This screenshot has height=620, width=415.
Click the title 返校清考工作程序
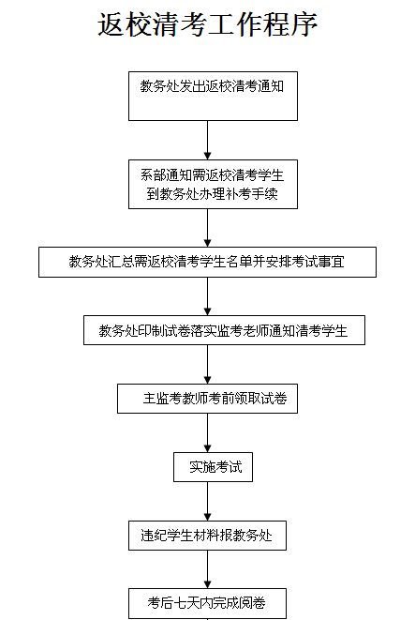[207, 24]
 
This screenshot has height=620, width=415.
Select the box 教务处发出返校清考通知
[213, 96]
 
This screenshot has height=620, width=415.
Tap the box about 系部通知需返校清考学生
[213, 184]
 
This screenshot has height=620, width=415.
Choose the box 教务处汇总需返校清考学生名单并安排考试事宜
[207, 262]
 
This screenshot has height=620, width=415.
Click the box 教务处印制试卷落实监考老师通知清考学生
[224, 330]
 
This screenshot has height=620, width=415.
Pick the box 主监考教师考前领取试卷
[207, 399]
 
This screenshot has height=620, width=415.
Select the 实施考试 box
[213, 467]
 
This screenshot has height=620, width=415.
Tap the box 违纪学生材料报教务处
[207, 536]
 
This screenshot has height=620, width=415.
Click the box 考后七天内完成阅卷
[207, 604]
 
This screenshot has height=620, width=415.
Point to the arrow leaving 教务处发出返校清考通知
[208, 141]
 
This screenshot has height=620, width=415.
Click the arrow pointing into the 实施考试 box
[208, 433]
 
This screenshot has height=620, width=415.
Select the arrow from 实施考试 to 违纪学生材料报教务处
[208, 502]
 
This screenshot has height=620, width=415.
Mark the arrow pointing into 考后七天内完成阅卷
[208, 569]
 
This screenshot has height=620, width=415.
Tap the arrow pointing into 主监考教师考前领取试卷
[208, 365]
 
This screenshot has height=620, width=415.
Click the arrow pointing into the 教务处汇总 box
[208, 228]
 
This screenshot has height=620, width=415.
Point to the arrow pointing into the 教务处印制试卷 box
[208, 296]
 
